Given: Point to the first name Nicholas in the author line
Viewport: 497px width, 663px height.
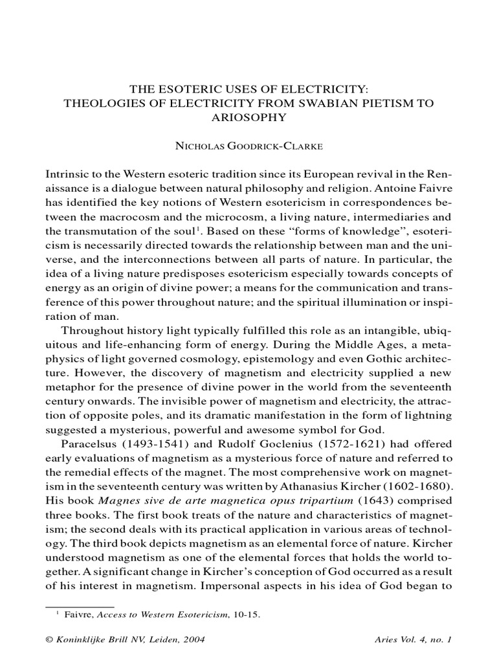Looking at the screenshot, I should pyautogui.click(x=201, y=146).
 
